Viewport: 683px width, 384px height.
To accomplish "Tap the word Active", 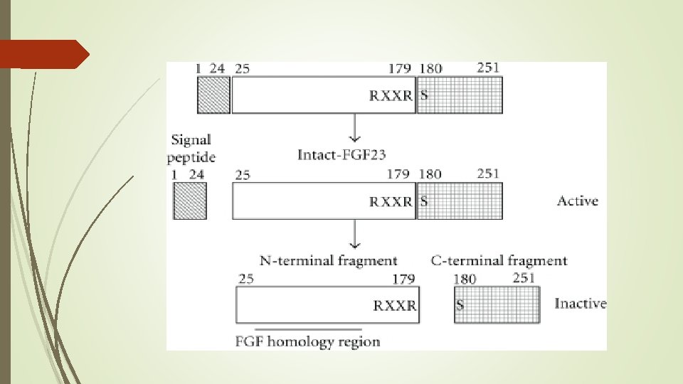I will tap(578, 201).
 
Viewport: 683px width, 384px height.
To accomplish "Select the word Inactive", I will tap(581, 304).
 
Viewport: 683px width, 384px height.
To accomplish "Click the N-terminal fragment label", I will tap(328, 260).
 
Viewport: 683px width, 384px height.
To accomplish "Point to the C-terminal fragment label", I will tap(499, 260).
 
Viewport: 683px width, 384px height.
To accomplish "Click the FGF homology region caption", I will tap(307, 341).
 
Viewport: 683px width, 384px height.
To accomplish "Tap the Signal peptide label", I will tap(191, 148).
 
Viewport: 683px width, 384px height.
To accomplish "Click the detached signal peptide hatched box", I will tap(190, 201).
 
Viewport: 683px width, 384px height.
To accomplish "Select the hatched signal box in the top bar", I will tap(213, 95).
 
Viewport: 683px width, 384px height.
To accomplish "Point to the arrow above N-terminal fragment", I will tap(354, 234).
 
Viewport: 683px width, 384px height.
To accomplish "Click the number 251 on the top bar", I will tap(488, 68).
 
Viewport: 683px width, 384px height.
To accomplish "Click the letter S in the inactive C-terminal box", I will tap(460, 306).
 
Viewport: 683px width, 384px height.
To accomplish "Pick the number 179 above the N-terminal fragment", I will tap(403, 279).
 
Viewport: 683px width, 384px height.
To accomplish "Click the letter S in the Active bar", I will tap(424, 201).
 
